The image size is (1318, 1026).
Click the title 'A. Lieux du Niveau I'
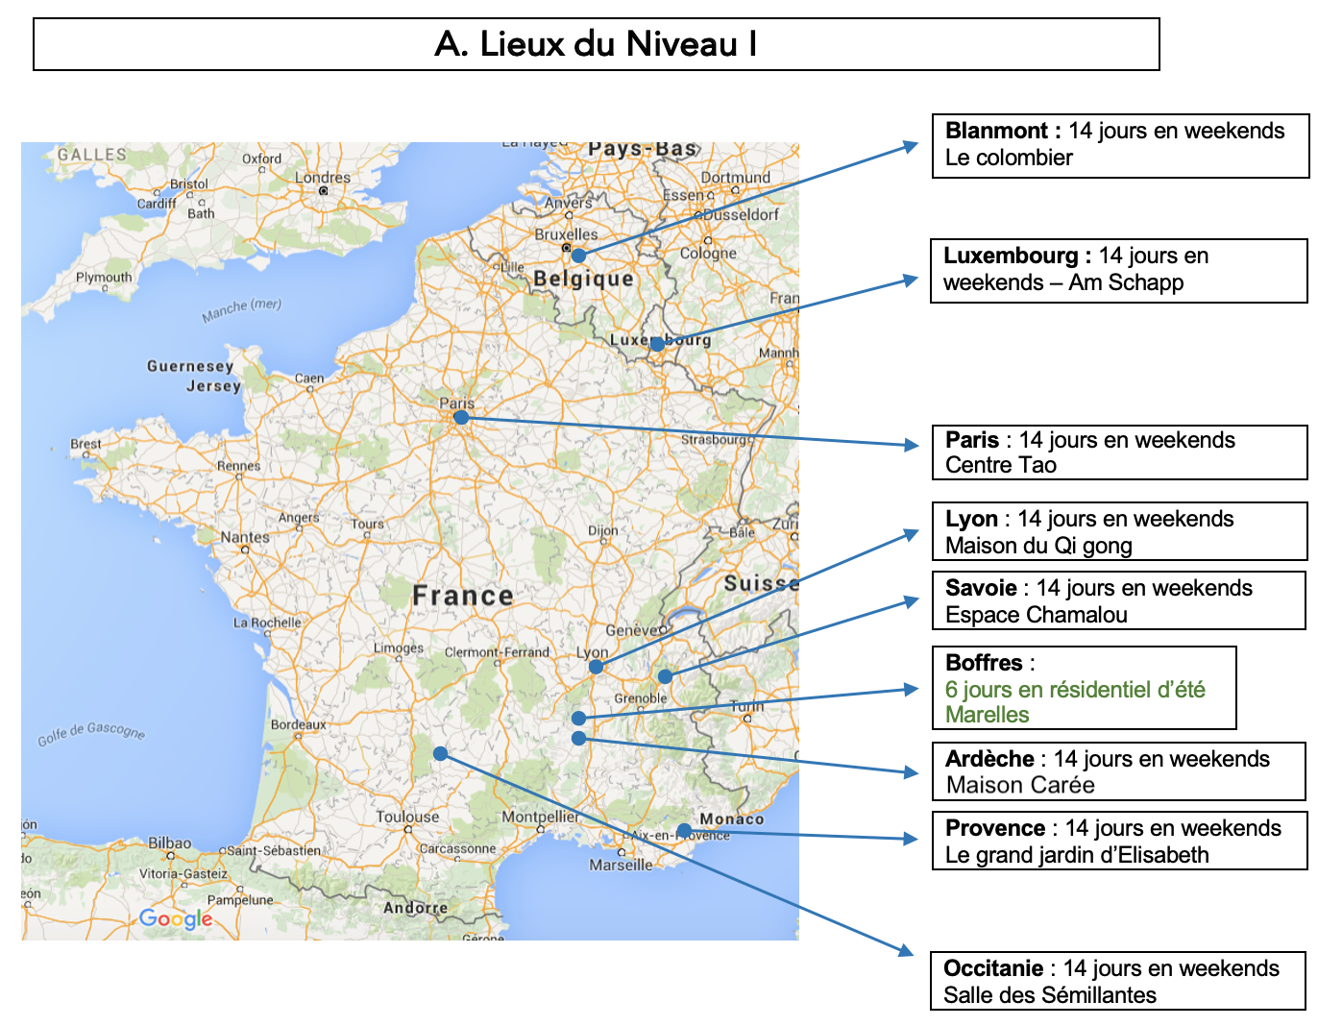[596, 44]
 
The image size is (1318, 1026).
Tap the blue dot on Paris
[461, 417]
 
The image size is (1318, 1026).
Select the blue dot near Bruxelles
[578, 256]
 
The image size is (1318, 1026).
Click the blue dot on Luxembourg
[657, 344]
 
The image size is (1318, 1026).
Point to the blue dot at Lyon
[596, 666]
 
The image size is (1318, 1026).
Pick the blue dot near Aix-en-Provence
[683, 830]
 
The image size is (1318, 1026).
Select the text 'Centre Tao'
[1000, 465]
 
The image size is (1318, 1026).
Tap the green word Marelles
[987, 715]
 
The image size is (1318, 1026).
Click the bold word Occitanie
[992, 968]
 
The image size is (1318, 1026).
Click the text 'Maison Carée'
[1019, 785]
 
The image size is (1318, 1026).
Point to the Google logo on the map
[176, 918]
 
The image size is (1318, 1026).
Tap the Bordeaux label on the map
[298, 724]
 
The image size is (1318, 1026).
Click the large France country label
[463, 596]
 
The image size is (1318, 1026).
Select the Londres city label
[323, 178]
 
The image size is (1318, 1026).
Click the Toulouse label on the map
[407, 817]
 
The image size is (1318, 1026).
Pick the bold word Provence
[994, 828]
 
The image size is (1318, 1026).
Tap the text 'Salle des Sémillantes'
[1049, 995]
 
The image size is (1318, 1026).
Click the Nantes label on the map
[245, 537]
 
